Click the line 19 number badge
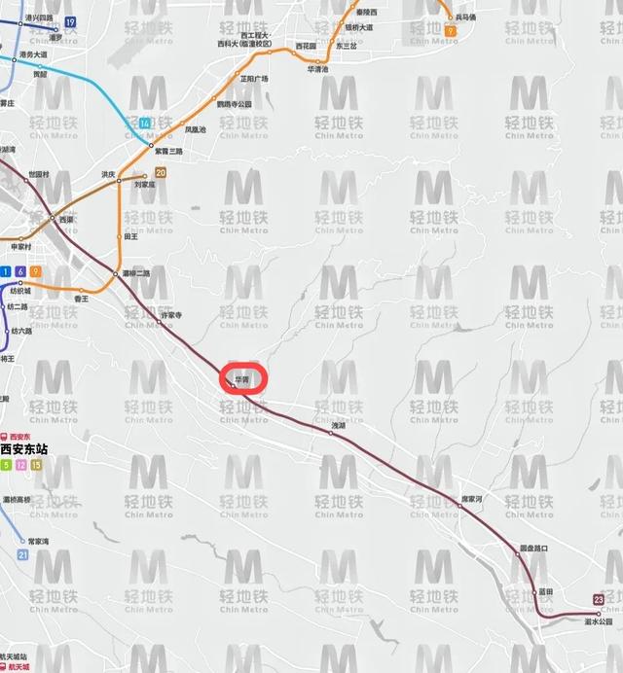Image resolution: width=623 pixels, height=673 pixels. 70,21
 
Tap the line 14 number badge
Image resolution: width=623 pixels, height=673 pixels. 145,123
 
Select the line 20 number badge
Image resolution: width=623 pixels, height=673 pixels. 160,172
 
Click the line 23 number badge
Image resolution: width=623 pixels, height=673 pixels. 598,599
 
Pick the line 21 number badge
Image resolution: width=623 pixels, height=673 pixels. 22,553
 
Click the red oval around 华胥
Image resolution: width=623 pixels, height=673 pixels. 245,376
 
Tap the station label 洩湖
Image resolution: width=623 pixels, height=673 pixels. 338,426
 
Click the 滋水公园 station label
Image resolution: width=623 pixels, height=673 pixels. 598,621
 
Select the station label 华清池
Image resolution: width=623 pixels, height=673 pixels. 318,70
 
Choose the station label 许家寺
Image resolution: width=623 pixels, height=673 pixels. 171,314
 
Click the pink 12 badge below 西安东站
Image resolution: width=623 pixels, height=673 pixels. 21,466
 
